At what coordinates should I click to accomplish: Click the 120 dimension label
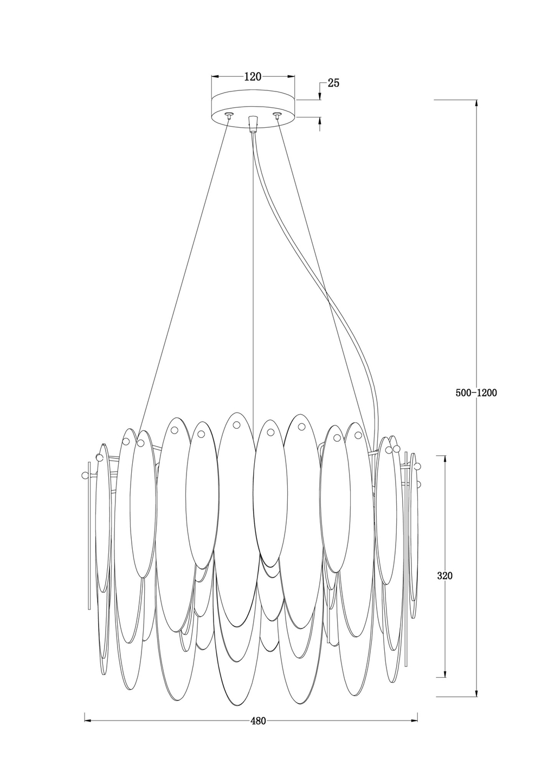[x=253, y=77]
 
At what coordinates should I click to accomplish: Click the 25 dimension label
[x=333, y=83]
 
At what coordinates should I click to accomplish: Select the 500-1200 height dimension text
[x=476, y=393]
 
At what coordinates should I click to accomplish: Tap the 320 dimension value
[x=445, y=576]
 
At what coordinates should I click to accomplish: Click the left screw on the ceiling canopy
[x=228, y=115]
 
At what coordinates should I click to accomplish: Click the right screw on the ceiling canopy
[x=276, y=115]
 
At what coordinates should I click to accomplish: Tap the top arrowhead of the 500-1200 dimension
[x=476, y=103]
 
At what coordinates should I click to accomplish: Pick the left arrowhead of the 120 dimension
[x=215, y=77]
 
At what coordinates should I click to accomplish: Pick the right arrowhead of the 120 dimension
[x=291, y=77]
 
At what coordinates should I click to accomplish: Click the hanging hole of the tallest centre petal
[x=236, y=425]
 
